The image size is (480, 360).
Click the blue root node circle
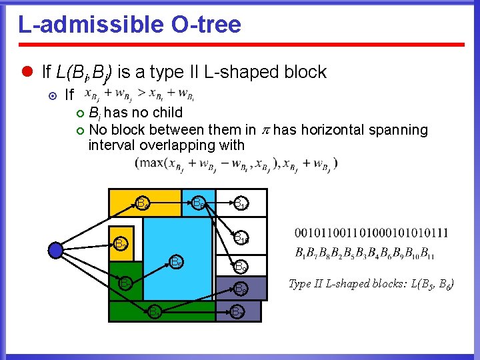coord(55,250)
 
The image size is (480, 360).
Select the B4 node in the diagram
coord(141,202)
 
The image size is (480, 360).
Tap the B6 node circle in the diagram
coord(199,203)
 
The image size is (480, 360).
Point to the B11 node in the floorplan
coord(240,203)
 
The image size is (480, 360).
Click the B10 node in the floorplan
coord(241,237)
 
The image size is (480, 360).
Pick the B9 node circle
coord(241,267)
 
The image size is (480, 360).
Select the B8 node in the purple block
coord(241,289)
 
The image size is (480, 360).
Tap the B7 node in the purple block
coord(237,311)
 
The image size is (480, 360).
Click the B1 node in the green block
coord(153,311)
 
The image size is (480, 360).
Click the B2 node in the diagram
coord(125,284)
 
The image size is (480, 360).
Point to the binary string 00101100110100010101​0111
coord(371,233)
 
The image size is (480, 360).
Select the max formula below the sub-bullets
coord(236,163)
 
